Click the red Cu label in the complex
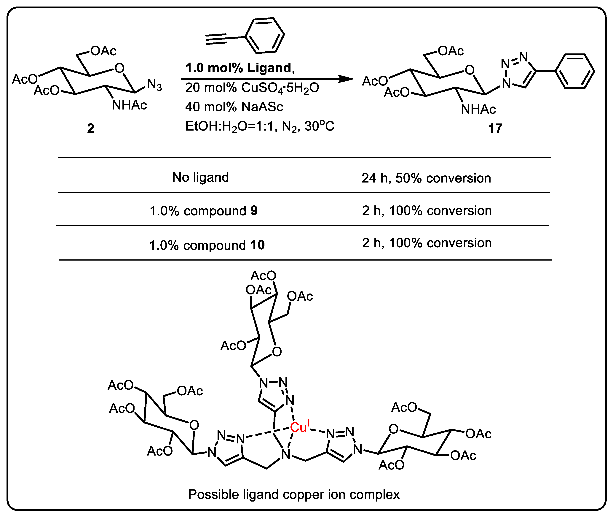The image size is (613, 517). (x=299, y=427)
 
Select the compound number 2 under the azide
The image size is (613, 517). (x=90, y=128)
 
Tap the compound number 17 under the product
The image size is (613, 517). (x=495, y=128)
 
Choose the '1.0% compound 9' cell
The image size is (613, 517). (x=204, y=211)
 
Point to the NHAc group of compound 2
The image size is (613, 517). (x=130, y=105)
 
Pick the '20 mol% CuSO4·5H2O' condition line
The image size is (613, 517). (x=252, y=88)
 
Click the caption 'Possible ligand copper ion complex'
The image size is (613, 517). (x=294, y=494)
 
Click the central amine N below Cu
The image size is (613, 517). (x=286, y=455)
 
